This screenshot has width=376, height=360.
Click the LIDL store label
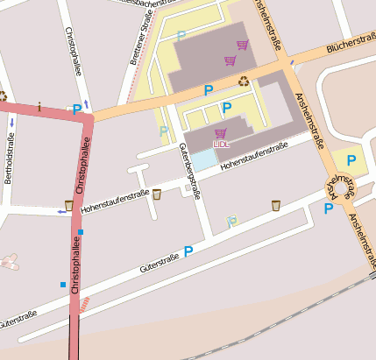point(220,145)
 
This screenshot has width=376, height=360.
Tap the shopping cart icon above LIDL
point(220,133)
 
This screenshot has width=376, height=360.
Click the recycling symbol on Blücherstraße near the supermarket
point(244,81)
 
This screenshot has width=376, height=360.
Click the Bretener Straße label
point(140,39)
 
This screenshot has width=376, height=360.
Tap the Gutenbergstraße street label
point(190,172)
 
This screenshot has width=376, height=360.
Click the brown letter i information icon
point(39,107)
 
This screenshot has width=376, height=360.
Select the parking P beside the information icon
point(77,109)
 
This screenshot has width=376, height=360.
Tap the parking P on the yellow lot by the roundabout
point(351,160)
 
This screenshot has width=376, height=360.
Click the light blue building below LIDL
point(203,160)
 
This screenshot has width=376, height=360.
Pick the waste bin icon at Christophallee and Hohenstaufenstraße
point(69,205)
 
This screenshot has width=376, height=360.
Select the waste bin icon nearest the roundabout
point(275,205)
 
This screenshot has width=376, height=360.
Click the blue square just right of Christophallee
point(81,231)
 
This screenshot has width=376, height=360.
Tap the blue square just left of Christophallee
point(63,285)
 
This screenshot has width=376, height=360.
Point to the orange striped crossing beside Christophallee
point(85,301)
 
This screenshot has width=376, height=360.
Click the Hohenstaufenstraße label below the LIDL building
point(254,157)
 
